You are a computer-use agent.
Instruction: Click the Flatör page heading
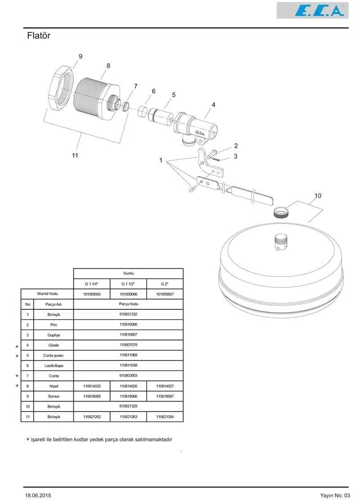tap(39, 36)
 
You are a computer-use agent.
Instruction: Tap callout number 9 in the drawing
tap(81, 56)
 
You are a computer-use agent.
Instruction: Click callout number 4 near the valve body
tap(213, 105)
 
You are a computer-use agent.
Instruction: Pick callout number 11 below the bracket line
tap(75, 155)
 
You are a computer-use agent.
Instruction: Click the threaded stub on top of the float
tap(282, 242)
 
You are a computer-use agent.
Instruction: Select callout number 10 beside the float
tap(318, 196)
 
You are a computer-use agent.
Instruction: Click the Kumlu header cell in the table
tap(128, 273)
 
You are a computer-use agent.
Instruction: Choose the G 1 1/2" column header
tap(128, 284)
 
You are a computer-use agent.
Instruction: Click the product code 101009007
tap(165, 294)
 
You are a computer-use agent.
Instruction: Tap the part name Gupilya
tap(54, 335)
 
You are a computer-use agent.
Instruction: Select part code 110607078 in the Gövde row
tap(128, 345)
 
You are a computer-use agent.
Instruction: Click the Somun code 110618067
tap(165, 396)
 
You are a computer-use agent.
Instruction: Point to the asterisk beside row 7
tap(17, 376)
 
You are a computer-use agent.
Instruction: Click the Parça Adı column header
tap(54, 304)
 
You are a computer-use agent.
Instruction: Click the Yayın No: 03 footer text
tap(334, 495)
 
